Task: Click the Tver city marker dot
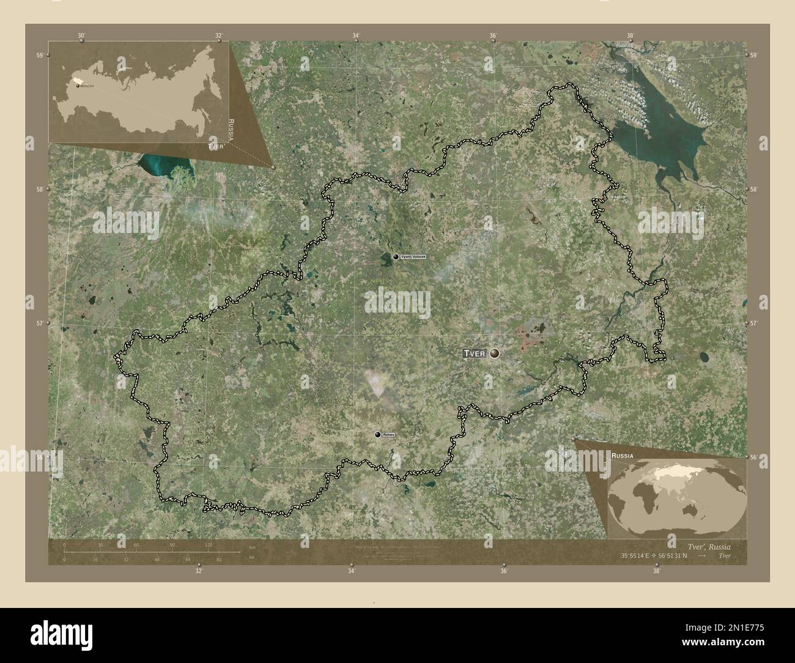(494, 354)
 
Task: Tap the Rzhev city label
(388, 435)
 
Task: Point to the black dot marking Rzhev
(378, 434)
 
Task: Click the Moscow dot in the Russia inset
(78, 86)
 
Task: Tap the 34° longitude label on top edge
(356, 35)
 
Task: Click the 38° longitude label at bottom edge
(656, 571)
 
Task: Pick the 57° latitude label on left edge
(40, 323)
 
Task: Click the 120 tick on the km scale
(209, 544)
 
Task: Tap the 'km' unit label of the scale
(252, 547)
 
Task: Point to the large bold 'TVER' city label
(474, 354)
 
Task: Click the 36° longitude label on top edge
(493, 35)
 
